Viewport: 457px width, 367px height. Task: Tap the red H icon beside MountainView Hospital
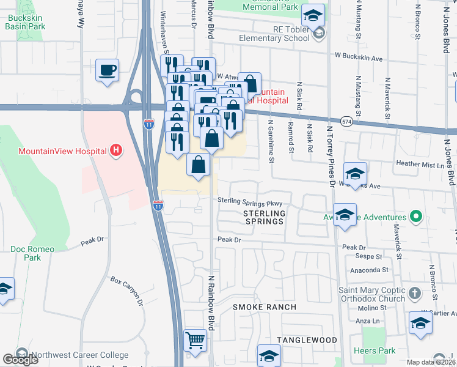click(x=114, y=150)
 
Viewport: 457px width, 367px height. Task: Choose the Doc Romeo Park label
click(x=32, y=254)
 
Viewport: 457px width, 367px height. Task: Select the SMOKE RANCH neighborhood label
click(x=263, y=307)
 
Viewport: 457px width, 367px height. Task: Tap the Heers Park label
click(x=374, y=351)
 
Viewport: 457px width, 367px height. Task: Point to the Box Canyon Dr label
click(x=126, y=291)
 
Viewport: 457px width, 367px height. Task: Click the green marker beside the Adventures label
click(x=416, y=217)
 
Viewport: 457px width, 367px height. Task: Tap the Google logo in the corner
click(x=21, y=360)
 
